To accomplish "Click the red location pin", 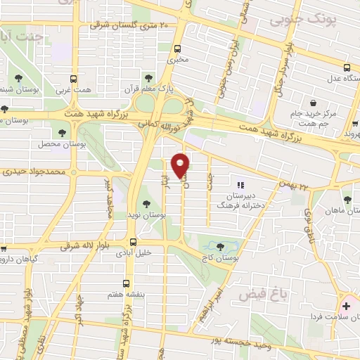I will click(181, 165).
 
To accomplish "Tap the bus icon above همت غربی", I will click(74, 79).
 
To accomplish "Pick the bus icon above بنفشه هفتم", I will click(125, 282).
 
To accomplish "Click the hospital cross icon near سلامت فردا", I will click(347, 307).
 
